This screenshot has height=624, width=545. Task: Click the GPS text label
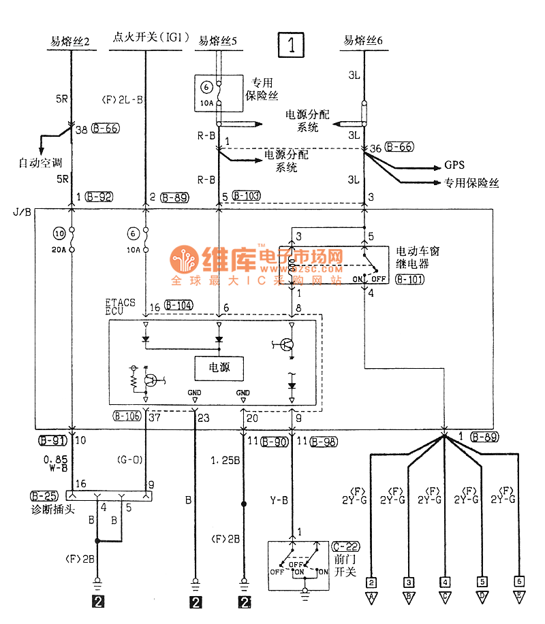(x=454, y=165)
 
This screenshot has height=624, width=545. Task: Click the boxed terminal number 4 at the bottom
(x=445, y=582)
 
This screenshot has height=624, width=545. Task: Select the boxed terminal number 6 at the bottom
(x=518, y=582)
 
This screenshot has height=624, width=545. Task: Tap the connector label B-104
(x=179, y=307)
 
